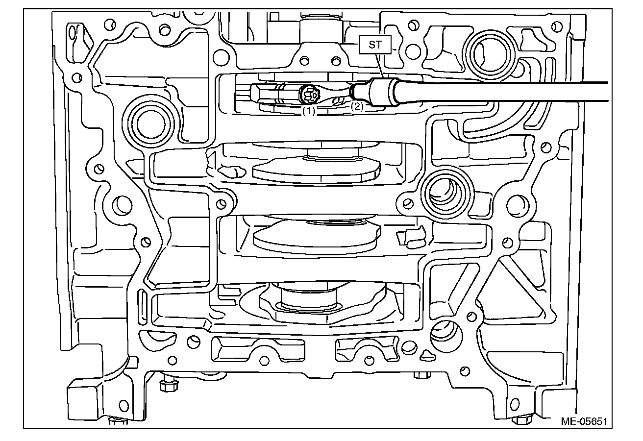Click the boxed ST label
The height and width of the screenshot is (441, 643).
(x=375, y=45)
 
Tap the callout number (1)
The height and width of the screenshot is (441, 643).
(x=309, y=111)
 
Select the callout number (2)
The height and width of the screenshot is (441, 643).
(x=357, y=106)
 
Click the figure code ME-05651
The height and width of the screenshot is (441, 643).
(x=584, y=421)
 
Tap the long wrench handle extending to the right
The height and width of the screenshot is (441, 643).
(x=503, y=92)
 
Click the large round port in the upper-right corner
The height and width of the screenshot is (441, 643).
(x=488, y=55)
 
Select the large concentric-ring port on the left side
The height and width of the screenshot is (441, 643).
(x=148, y=123)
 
